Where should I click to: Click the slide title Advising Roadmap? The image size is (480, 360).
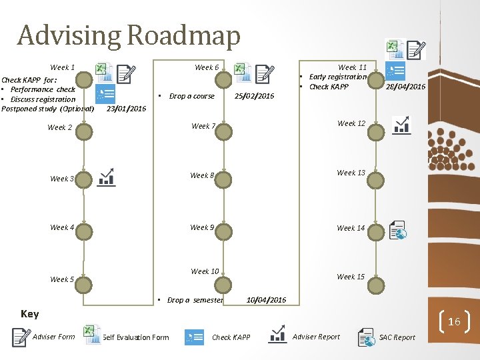pyautogui.click(x=129, y=35)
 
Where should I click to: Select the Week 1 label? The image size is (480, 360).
pyautogui.click(x=62, y=67)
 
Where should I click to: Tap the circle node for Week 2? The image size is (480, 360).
pyautogui.click(x=84, y=131)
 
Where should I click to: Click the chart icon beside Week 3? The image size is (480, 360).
pyautogui.click(x=106, y=177)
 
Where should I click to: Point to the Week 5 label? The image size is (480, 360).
pyautogui.click(x=62, y=279)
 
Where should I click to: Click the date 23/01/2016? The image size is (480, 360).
pyautogui.click(x=126, y=109)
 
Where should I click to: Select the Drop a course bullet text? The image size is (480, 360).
pyautogui.click(x=191, y=96)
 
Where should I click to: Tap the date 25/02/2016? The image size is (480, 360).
pyautogui.click(x=254, y=96)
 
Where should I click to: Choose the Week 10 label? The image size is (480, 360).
pyautogui.click(x=205, y=271)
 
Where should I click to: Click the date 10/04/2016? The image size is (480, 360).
pyautogui.click(x=266, y=300)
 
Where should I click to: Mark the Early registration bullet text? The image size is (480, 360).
pyautogui.click(x=337, y=77)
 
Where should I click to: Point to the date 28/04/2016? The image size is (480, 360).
pyautogui.click(x=405, y=87)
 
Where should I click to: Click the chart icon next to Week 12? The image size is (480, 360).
pyautogui.click(x=402, y=125)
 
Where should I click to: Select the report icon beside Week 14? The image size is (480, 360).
pyautogui.click(x=397, y=229)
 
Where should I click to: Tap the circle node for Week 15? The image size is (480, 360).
pyautogui.click(x=377, y=286)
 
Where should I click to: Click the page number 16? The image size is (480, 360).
pyautogui.click(x=454, y=322)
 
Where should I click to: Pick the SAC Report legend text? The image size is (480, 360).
pyautogui.click(x=397, y=337)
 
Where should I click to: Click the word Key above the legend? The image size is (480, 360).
pyautogui.click(x=30, y=314)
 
